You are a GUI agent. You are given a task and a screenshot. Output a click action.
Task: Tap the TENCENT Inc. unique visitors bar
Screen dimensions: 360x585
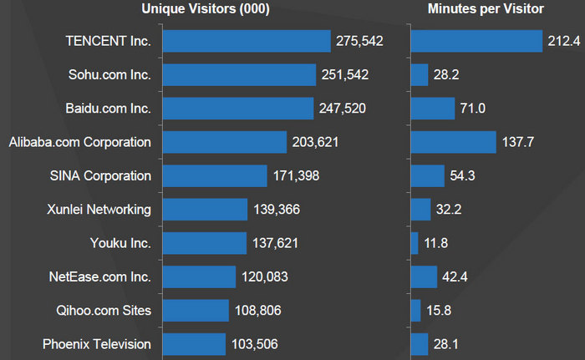[x=247, y=41]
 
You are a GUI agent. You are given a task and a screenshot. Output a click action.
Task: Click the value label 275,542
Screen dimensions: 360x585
[x=359, y=41]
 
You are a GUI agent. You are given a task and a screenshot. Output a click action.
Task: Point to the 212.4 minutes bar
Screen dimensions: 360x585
[x=476, y=41]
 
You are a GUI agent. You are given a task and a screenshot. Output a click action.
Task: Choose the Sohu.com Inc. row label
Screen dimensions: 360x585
[x=109, y=75]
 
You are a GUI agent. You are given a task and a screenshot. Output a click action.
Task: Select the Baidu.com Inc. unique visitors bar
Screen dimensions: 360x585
[x=237, y=109]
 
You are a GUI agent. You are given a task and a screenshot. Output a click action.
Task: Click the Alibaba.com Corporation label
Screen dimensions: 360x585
[x=80, y=142]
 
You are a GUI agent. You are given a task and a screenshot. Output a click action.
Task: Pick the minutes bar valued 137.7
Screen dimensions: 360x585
[x=454, y=142]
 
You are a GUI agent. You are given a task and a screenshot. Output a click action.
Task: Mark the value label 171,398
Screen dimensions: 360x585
[x=296, y=176]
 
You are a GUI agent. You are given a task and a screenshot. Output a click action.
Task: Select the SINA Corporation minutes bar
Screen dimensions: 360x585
[x=428, y=176]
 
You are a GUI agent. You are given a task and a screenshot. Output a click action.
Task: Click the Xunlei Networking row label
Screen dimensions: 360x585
[x=99, y=210]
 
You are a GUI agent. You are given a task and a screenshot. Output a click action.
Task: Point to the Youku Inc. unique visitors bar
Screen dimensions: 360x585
[x=204, y=243]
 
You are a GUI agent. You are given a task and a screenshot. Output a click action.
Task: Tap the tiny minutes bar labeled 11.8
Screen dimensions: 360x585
[x=415, y=243]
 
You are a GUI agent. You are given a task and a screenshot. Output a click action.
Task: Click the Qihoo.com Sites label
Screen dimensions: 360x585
[x=103, y=311]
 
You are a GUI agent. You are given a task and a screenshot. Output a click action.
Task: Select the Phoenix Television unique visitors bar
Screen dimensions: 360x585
[x=194, y=344]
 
